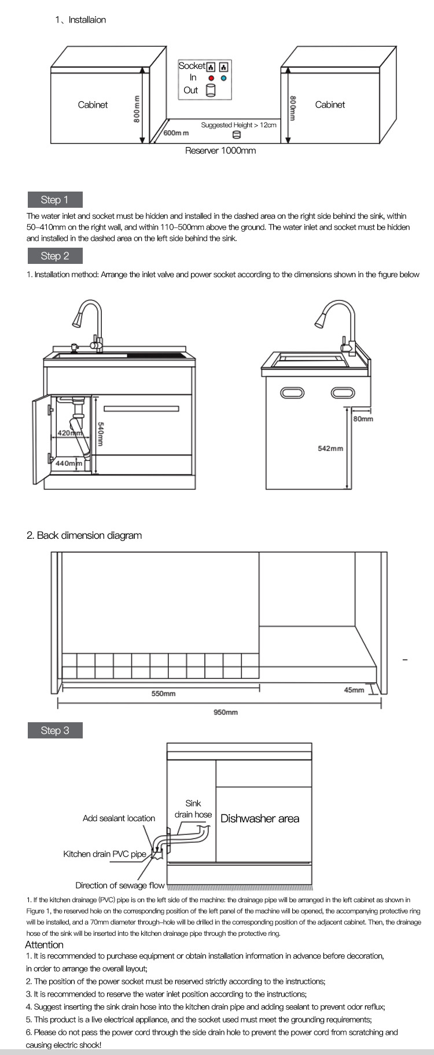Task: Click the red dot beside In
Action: (211, 78)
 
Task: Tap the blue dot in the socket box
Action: (223, 78)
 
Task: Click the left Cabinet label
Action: (93, 105)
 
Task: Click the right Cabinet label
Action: (330, 105)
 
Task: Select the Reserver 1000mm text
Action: (220, 150)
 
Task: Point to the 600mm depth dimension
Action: (176, 133)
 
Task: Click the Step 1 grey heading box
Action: (55, 200)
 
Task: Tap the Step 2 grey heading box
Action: (55, 256)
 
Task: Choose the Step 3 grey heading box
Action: (55, 730)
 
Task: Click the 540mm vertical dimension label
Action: (100, 433)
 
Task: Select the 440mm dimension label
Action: (68, 463)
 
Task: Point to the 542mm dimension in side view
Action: (330, 449)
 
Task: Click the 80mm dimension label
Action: (363, 418)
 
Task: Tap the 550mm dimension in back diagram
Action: (163, 693)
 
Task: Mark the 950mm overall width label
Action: (226, 712)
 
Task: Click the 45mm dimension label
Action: (354, 690)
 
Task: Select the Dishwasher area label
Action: (260, 818)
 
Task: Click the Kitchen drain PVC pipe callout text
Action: (105, 854)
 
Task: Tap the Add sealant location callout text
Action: (119, 818)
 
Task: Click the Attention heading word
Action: (44, 944)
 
